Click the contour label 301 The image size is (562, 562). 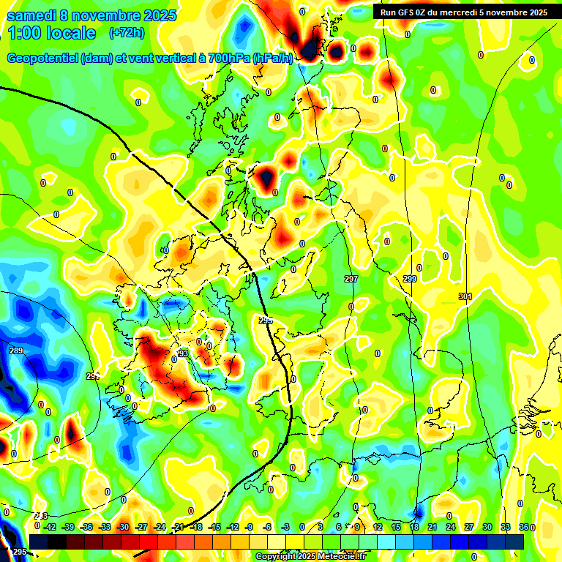point(465,296)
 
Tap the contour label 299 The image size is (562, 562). point(410,279)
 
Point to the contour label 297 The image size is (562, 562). point(351,279)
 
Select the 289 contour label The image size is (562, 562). point(16,351)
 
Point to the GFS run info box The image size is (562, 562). point(464,12)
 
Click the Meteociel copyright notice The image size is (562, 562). point(321,557)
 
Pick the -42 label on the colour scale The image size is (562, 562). point(50,526)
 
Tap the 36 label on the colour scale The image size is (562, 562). point(523,526)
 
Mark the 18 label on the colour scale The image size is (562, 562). point(413,526)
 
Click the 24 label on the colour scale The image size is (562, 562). point(450,526)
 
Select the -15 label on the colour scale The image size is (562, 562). point(214,526)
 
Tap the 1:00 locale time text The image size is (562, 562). point(51,33)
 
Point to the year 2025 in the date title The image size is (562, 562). point(158,15)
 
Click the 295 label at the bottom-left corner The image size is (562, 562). point(20,551)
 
